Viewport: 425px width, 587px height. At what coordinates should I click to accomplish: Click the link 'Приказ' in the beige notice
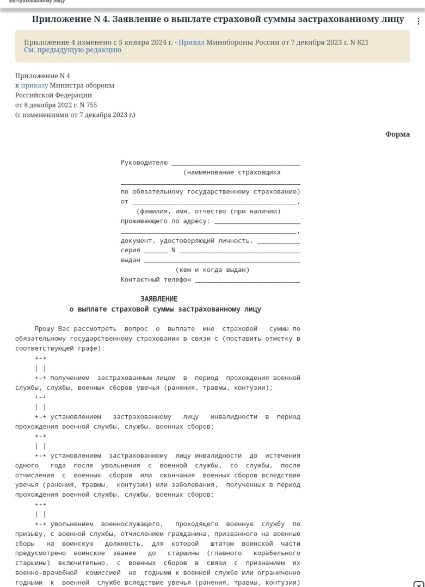(192, 42)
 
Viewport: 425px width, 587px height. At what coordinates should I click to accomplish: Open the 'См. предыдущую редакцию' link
(72, 50)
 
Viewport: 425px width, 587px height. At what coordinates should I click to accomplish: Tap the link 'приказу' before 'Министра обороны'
(34, 85)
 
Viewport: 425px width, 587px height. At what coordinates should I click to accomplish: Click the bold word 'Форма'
(397, 134)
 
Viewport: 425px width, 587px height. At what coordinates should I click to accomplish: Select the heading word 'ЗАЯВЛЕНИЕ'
(159, 299)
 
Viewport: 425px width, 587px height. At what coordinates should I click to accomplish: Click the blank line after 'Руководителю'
(235, 163)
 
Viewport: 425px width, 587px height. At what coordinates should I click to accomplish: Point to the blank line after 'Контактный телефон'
(247, 280)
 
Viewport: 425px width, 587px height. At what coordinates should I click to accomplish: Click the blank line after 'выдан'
(221, 261)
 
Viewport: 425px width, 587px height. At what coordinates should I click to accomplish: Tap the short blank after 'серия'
(156, 251)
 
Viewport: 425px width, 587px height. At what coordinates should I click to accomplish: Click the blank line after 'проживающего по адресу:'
(257, 222)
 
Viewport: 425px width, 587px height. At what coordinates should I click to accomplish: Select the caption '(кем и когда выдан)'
(212, 270)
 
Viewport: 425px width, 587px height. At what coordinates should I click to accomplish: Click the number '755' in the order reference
(91, 105)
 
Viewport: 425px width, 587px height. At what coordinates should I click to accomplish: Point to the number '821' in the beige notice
(363, 42)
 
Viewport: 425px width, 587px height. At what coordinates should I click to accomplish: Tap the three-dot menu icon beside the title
(418, 21)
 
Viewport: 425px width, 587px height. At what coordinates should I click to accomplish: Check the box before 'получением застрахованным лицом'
(40, 368)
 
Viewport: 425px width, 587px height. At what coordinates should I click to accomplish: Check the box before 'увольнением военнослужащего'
(40, 514)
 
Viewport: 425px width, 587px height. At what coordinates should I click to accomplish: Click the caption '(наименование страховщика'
(232, 172)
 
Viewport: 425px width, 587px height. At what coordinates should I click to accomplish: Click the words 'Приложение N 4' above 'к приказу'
(42, 76)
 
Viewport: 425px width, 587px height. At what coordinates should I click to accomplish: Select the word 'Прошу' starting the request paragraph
(44, 329)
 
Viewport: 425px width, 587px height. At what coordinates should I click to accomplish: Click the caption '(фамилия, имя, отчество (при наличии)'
(208, 211)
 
